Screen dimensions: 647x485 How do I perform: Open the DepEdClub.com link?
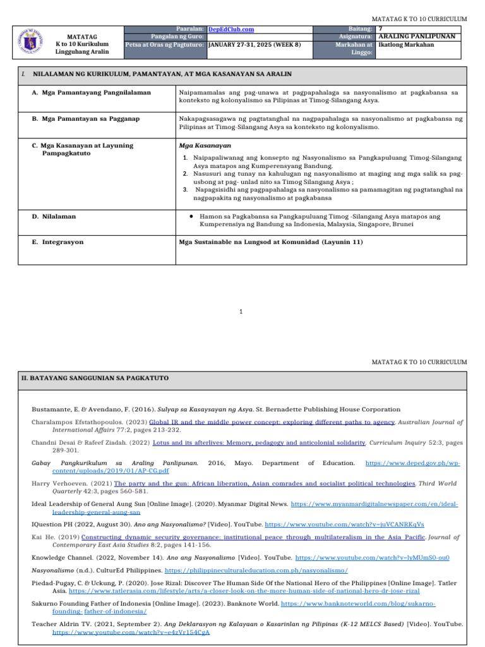point(231,29)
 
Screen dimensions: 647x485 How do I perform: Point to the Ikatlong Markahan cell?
point(405,45)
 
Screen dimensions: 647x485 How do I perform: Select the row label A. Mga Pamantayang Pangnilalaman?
point(91,92)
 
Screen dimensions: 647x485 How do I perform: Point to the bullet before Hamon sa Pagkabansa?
point(190,216)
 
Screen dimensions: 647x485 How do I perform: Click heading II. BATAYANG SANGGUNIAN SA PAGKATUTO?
point(94,378)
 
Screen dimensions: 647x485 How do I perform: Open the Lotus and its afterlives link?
point(267,444)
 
